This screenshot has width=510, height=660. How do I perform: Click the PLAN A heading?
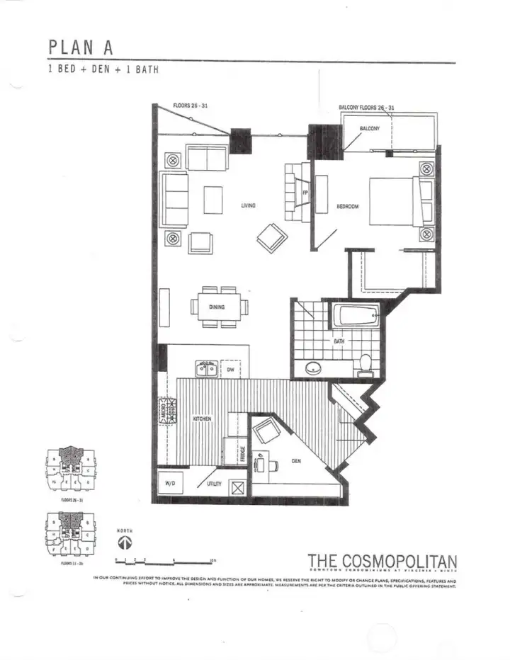coord(80,47)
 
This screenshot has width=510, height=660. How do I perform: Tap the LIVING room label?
coord(248,206)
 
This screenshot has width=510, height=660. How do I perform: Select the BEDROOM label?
coord(348,207)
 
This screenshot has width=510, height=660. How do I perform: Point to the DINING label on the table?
coord(217,307)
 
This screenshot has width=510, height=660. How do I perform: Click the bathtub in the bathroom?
coord(355,315)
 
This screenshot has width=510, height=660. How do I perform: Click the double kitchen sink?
coord(207,368)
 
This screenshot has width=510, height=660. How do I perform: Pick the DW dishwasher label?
coord(231,370)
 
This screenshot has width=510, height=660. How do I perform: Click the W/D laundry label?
coord(170,484)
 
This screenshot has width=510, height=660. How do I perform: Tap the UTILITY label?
coord(214,484)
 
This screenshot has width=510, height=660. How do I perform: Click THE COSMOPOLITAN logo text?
coord(382,562)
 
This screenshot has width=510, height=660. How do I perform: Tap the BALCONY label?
coord(369,128)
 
